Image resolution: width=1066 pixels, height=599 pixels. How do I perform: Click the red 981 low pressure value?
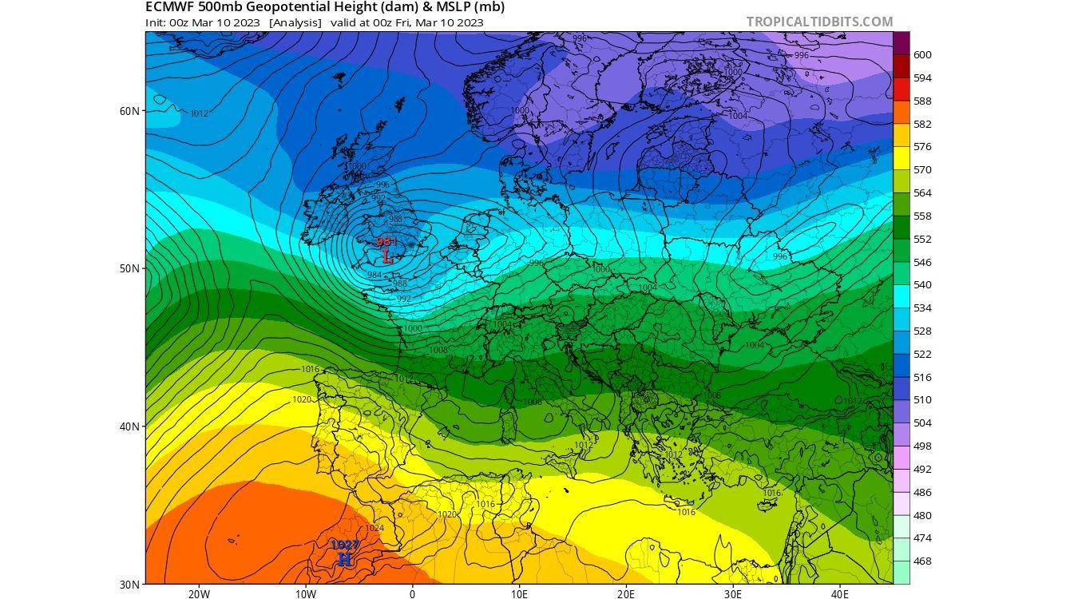click(386, 241)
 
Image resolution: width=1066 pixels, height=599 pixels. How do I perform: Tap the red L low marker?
click(387, 256)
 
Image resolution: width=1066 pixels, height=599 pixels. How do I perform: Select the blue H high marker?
click(345, 559)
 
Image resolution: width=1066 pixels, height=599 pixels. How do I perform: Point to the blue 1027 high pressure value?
click(345, 545)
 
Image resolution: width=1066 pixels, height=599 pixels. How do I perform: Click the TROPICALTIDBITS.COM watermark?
click(820, 22)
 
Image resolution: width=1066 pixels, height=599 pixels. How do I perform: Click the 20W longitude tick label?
click(199, 594)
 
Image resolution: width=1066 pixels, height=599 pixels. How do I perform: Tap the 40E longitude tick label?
click(840, 594)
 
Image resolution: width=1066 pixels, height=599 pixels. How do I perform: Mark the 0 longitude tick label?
click(412, 594)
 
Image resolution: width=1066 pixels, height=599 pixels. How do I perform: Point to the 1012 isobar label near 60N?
click(199, 113)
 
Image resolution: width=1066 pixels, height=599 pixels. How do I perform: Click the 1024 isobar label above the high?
click(374, 528)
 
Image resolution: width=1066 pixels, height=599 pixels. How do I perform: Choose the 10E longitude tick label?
click(519, 594)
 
